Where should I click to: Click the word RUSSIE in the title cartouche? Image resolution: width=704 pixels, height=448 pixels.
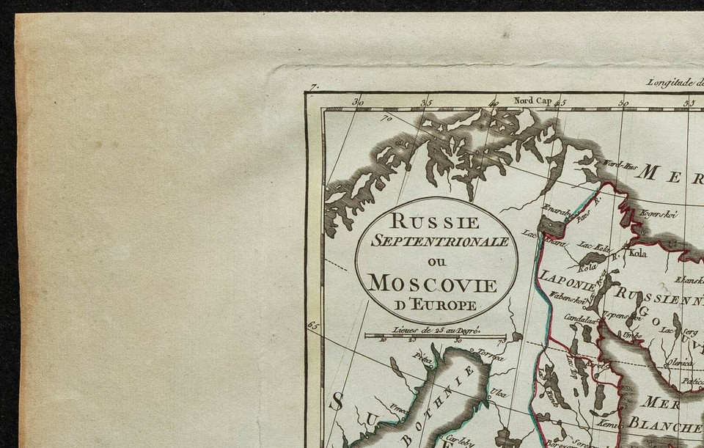(436, 220)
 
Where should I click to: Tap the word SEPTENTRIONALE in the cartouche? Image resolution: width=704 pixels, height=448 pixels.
(436, 240)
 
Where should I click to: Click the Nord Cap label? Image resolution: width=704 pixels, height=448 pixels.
(513, 101)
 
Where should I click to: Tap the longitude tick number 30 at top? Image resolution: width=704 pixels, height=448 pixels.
(359, 103)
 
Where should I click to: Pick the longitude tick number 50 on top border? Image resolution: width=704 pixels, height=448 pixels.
(623, 103)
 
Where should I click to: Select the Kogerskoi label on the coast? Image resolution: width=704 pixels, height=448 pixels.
(657, 215)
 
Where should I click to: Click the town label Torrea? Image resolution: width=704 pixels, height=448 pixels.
(491, 359)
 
